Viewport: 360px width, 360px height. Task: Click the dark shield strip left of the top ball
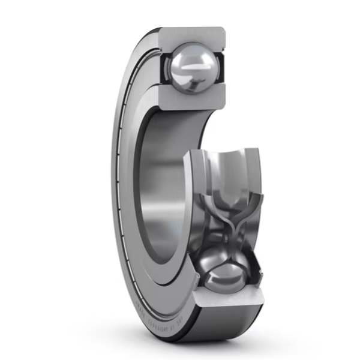(x=163, y=67)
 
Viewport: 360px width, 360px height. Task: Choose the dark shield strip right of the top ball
(x=220, y=67)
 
